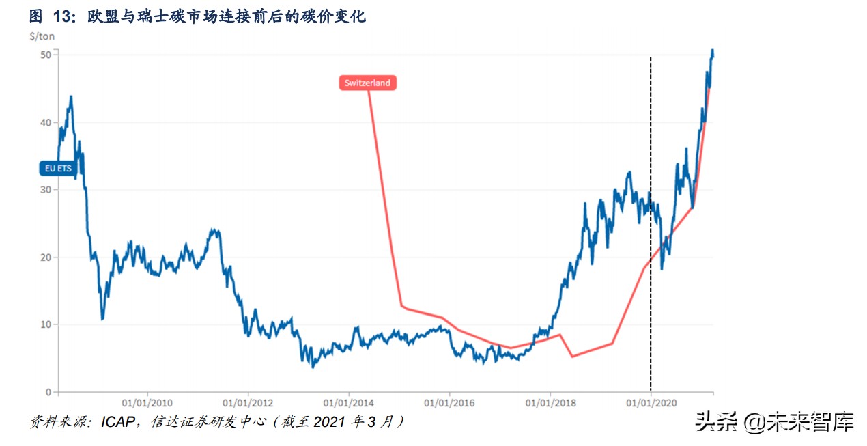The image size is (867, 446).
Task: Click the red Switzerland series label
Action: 367,83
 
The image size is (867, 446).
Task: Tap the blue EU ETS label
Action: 58,167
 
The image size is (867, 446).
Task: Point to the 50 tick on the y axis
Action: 46,55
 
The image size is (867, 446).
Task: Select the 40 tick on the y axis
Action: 46,122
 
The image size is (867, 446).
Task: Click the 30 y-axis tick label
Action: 46,190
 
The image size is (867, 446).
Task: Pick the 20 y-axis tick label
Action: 46,257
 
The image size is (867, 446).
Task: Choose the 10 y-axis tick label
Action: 46,324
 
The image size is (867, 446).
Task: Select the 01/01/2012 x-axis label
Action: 248,403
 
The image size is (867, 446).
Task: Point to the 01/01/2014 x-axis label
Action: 348,403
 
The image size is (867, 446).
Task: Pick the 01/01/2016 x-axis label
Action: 449,403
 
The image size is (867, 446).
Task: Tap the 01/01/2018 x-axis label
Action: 550,403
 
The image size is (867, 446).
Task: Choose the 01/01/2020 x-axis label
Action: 651,403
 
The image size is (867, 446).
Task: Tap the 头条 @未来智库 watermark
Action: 774,421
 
